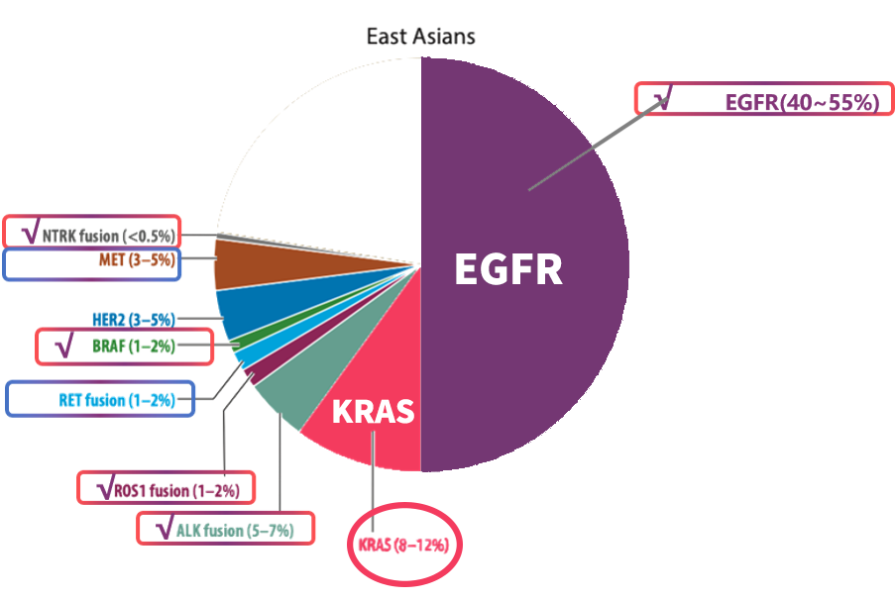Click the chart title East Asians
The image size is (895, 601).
coord(421,38)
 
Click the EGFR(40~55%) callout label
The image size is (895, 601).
coord(802,101)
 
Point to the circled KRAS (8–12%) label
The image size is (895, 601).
coord(403,544)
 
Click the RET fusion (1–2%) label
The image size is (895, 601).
coord(117,400)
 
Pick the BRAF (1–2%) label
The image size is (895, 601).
coord(134,347)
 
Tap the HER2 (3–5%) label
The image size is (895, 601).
coord(133,319)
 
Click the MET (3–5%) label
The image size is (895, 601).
coord(137,261)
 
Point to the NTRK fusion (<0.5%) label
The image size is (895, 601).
coord(107,235)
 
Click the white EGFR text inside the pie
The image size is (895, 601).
coord(507,269)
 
